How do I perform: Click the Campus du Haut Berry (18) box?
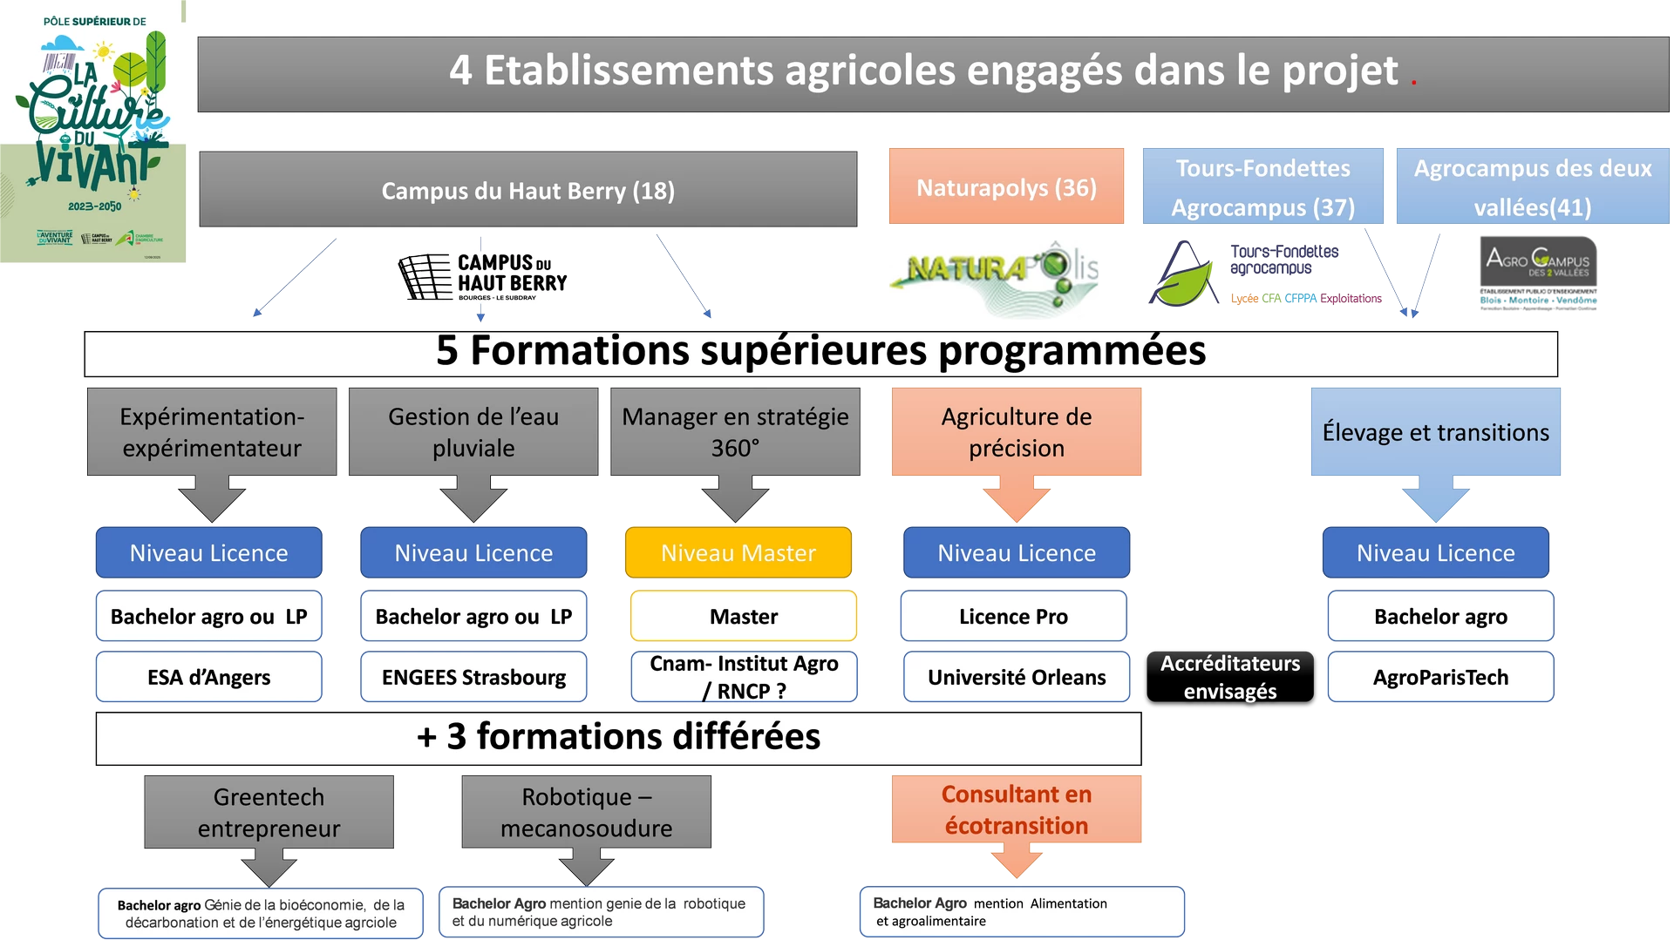coord(527,190)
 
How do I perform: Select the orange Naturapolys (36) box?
coord(1006,187)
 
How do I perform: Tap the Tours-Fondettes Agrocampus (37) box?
coord(1262,187)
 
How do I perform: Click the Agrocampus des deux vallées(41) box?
coord(1532,187)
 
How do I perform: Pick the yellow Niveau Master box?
coord(738,552)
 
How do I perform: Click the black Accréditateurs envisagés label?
coord(1229,678)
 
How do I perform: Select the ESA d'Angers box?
coord(208,677)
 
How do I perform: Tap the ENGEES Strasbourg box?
coord(473,677)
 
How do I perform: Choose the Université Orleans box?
coord(1016,677)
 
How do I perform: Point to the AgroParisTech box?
coord(1440,677)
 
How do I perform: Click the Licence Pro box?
coord(1013,616)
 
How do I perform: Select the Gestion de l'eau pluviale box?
coord(473,432)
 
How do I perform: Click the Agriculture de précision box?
coord(1016,432)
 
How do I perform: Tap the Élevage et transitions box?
coord(1435,432)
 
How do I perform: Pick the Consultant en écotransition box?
coord(1016,809)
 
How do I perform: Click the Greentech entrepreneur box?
coord(269,812)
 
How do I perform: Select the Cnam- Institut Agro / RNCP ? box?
coord(744,677)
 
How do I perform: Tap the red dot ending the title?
coord(1413,83)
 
